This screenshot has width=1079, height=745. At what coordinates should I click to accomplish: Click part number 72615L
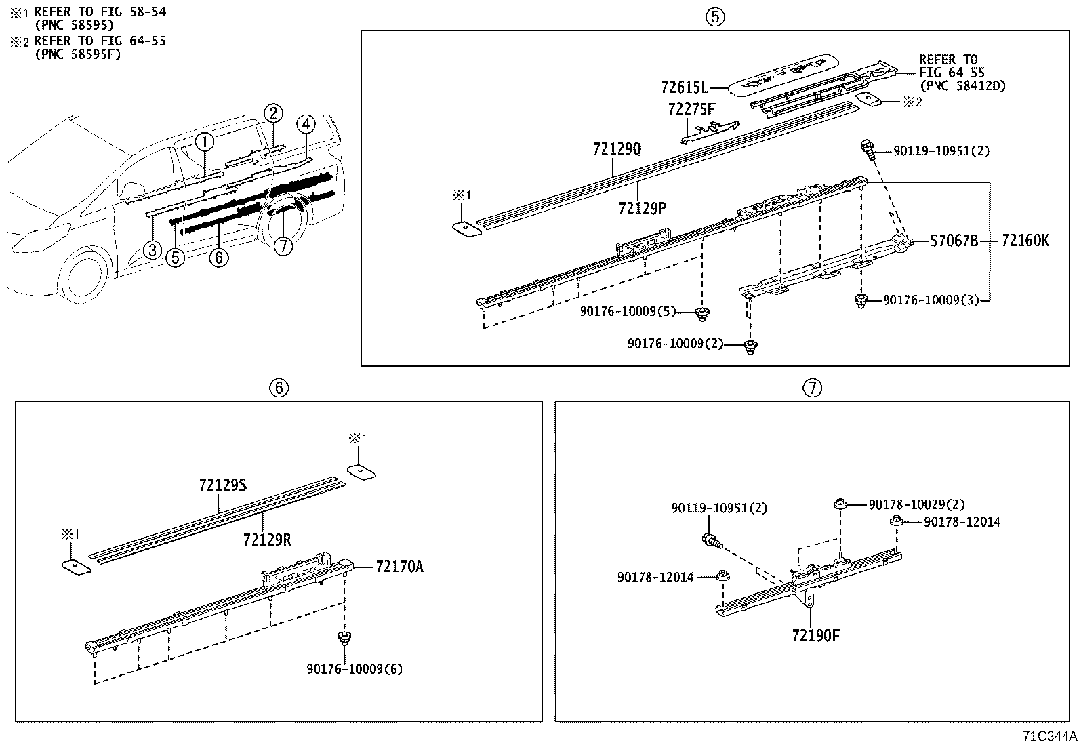tap(684, 87)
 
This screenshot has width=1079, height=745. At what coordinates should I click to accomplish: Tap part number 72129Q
tap(616, 148)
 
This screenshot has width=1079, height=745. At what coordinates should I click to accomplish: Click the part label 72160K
tap(1025, 240)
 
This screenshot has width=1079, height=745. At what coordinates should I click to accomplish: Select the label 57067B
tap(954, 240)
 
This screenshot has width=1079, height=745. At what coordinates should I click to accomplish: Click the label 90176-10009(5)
tap(628, 311)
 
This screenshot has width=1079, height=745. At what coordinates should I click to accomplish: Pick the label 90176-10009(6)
tap(354, 668)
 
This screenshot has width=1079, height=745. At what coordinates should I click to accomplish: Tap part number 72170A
tap(399, 567)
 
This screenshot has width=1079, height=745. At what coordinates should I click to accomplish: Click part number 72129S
tap(223, 485)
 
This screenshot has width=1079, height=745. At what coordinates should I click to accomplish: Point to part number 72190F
tap(815, 635)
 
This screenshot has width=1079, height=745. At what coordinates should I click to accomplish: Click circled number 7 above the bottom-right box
tap(812, 387)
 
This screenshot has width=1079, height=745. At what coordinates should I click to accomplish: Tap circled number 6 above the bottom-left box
tap(279, 387)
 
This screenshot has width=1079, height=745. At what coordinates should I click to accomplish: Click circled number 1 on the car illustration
tap(205, 141)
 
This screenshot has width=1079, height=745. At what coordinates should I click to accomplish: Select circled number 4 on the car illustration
tap(306, 124)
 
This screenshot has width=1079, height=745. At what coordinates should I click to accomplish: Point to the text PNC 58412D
tap(962, 86)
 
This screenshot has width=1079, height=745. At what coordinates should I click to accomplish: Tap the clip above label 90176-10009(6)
tap(345, 637)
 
